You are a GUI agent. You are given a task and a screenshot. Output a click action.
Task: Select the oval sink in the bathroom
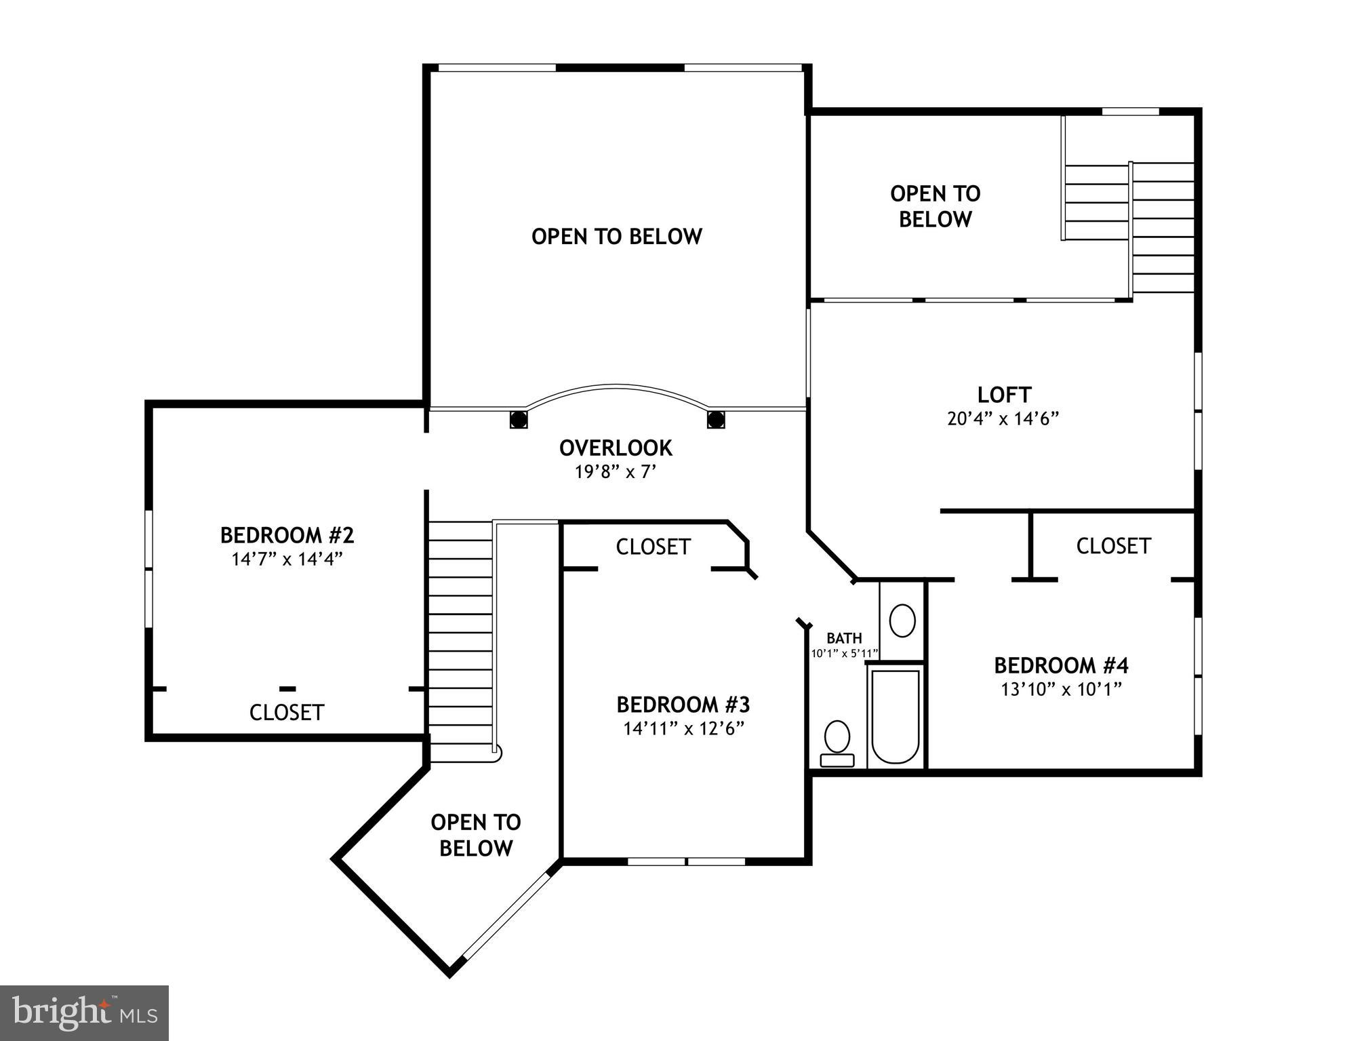pyautogui.click(x=902, y=621)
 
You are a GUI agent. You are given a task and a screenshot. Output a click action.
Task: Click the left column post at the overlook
pyautogui.click(x=519, y=419)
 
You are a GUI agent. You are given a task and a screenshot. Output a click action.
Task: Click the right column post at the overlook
pyautogui.click(x=715, y=419)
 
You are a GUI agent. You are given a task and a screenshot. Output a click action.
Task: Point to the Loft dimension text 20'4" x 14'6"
pyautogui.click(x=1003, y=418)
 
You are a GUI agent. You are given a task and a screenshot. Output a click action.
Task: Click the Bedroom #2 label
pyautogui.click(x=287, y=535)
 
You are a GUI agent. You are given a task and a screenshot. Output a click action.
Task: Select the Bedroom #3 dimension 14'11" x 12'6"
pyautogui.click(x=683, y=728)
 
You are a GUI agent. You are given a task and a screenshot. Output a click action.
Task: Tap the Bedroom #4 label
pyautogui.click(x=1061, y=665)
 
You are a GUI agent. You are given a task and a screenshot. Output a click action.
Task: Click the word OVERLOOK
pyautogui.click(x=616, y=448)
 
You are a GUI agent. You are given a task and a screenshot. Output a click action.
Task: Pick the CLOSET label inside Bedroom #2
pyautogui.click(x=287, y=712)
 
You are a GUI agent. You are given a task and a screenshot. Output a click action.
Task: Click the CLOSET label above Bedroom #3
pyautogui.click(x=653, y=547)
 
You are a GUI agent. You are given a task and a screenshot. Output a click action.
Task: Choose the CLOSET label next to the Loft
pyautogui.click(x=1113, y=546)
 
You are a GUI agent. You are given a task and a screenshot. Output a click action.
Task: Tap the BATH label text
pyautogui.click(x=844, y=637)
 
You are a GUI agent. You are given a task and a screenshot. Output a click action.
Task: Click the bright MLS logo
pyautogui.click(x=84, y=1013)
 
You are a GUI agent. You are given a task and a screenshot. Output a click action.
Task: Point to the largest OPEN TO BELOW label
pyautogui.click(x=616, y=236)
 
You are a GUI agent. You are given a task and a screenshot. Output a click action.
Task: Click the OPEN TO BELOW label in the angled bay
pyautogui.click(x=475, y=835)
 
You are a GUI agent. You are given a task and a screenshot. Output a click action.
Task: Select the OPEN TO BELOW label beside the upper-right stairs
pyautogui.click(x=935, y=206)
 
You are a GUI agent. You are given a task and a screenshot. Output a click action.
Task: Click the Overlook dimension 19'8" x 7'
pyautogui.click(x=616, y=471)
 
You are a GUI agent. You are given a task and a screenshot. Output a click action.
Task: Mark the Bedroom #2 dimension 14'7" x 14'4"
pyautogui.click(x=287, y=559)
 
